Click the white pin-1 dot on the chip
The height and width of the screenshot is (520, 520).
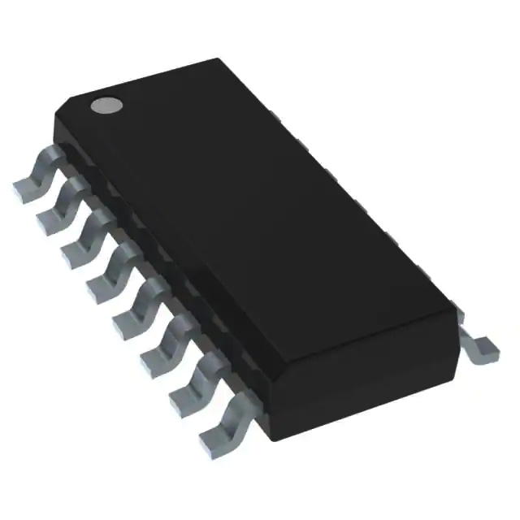(x=106, y=104)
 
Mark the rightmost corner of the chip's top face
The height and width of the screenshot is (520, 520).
(x=460, y=312)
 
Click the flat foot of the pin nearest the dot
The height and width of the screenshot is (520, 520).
(x=24, y=188)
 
